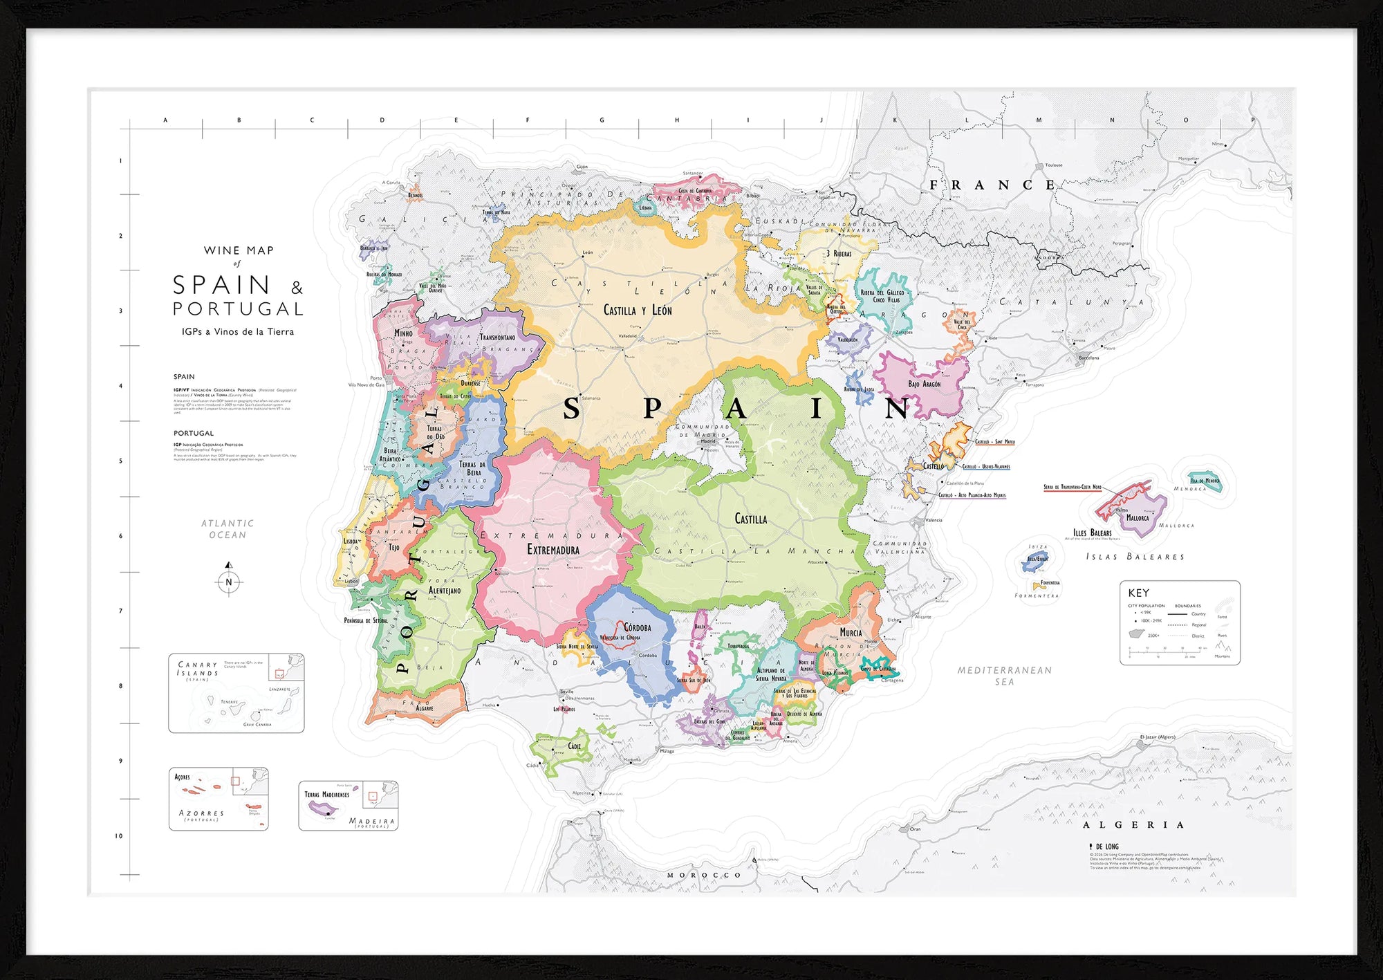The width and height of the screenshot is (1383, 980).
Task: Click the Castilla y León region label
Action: pyautogui.click(x=638, y=311)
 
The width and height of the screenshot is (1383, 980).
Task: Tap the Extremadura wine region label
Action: pyautogui.click(x=553, y=550)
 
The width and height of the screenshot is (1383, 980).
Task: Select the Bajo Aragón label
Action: pyautogui.click(x=924, y=384)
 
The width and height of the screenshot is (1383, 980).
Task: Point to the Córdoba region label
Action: pyautogui.click(x=638, y=628)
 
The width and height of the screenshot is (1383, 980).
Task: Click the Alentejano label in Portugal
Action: pyautogui.click(x=445, y=591)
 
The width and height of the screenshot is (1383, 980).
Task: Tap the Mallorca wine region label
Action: pyautogui.click(x=1138, y=517)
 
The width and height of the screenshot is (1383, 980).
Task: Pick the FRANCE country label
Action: pyautogui.click(x=992, y=185)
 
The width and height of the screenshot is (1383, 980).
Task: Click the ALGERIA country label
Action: pyautogui.click(x=1133, y=825)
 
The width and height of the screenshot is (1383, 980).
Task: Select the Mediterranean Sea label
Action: pyautogui.click(x=1004, y=676)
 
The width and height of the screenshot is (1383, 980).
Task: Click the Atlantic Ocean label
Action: pyautogui.click(x=228, y=529)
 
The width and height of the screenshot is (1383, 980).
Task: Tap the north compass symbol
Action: pyautogui.click(x=229, y=581)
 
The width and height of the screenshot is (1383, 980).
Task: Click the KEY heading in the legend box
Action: pyautogui.click(x=1138, y=593)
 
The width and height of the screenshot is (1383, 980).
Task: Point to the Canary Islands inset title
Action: pyautogui.click(x=198, y=668)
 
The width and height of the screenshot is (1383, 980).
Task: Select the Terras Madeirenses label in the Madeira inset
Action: pyautogui.click(x=327, y=794)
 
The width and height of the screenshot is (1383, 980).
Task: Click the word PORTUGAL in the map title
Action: pyautogui.click(x=238, y=308)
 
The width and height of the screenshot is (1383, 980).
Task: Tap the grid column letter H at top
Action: pyautogui.click(x=676, y=120)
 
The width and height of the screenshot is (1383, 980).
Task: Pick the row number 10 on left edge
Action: pyautogui.click(x=119, y=835)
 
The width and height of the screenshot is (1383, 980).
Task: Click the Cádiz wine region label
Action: pyautogui.click(x=574, y=746)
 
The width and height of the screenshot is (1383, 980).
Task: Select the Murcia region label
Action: pyautogui.click(x=851, y=633)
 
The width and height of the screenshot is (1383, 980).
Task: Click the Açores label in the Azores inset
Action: pyautogui.click(x=182, y=777)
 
